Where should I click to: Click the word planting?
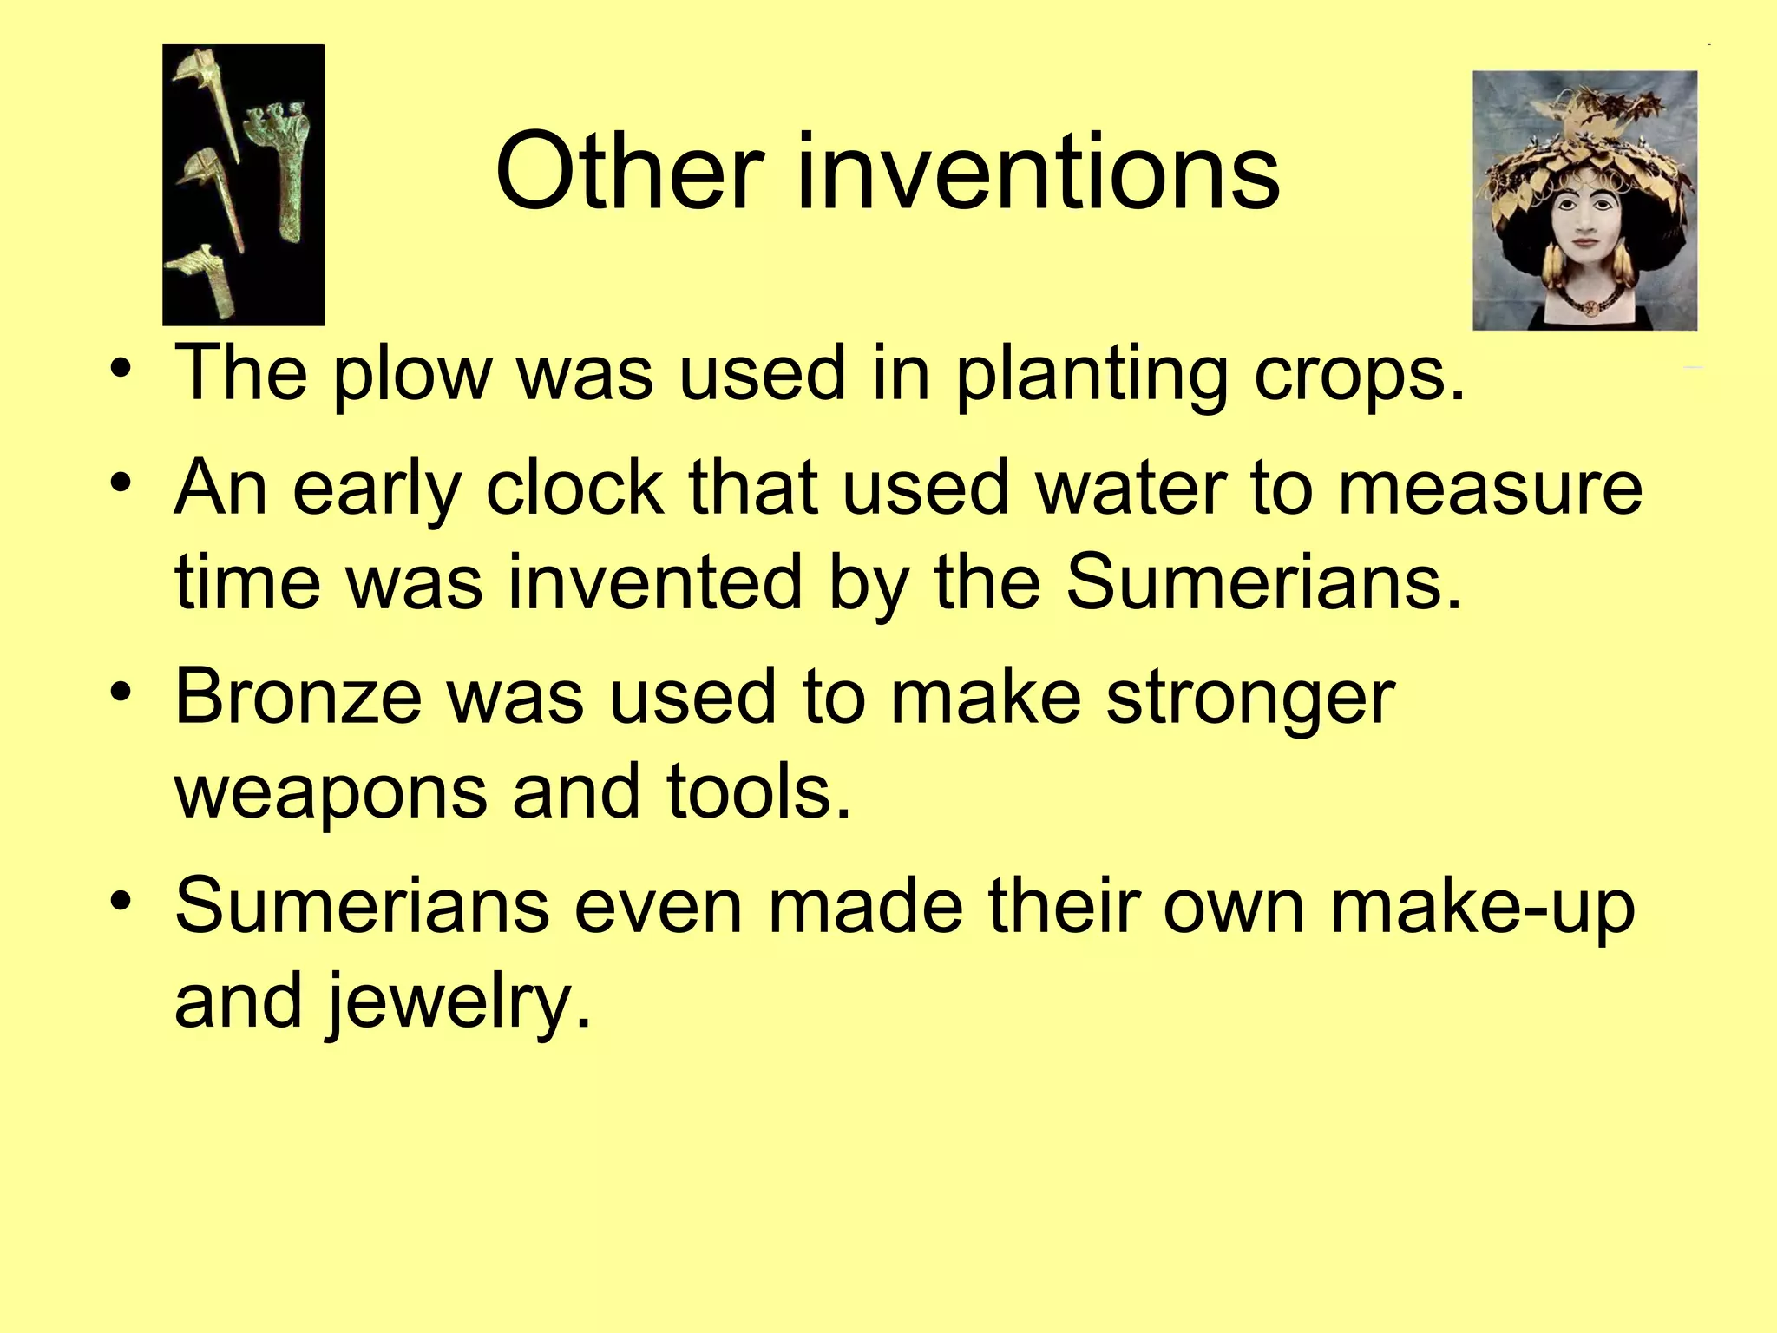1092,375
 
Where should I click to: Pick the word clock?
574,488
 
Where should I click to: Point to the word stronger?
1250,697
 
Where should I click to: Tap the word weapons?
331,791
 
